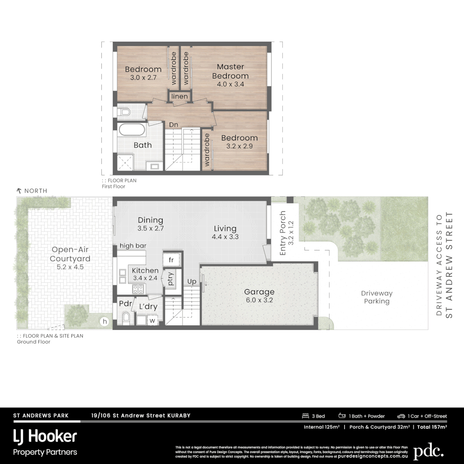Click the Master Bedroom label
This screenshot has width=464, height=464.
[x=230, y=71]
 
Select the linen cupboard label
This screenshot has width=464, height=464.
[x=180, y=97]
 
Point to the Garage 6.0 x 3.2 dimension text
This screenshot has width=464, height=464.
[x=259, y=300]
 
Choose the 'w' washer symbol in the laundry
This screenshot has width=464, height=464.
[x=152, y=320]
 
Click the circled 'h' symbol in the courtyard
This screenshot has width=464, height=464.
[x=104, y=321]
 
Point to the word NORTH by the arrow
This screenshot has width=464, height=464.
[x=36, y=191]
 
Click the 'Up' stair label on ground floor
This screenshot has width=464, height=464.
[x=192, y=282]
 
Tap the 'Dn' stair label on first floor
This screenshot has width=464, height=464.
[x=173, y=125]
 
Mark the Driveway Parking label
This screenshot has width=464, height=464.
[x=377, y=297]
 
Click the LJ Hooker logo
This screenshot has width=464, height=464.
[x=45, y=437]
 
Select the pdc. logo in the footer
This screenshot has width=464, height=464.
[x=428, y=452]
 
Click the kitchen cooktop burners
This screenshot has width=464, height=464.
[x=137, y=276]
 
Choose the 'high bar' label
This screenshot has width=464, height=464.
[x=133, y=246]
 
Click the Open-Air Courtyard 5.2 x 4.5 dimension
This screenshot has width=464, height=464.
[x=70, y=267]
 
